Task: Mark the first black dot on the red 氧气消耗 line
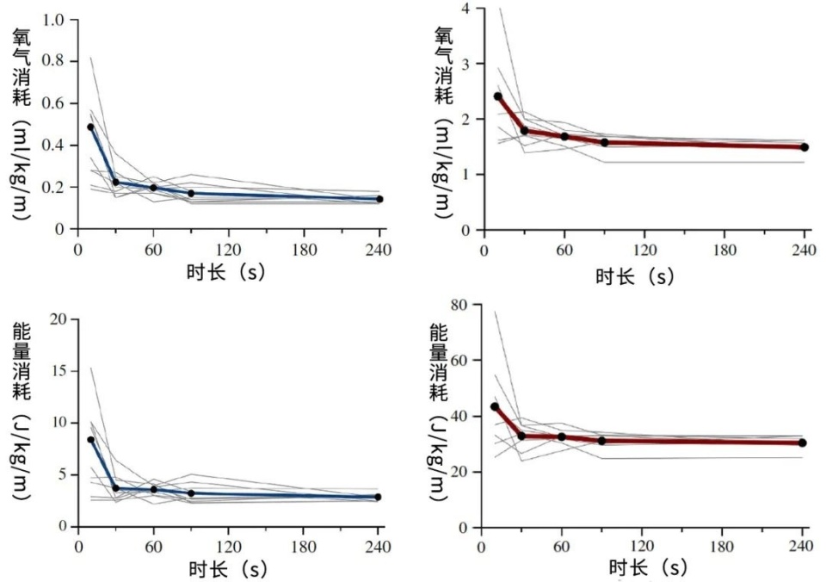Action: [497, 96]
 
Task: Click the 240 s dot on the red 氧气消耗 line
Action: [804, 147]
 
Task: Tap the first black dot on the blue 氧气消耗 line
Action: [90, 127]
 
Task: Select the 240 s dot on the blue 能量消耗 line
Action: [378, 497]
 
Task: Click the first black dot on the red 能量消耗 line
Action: [495, 406]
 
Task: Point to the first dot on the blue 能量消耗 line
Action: [90, 439]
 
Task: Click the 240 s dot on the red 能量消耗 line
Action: [802, 443]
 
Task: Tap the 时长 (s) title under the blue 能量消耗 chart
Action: [225, 568]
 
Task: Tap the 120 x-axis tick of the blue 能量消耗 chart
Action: [229, 546]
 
